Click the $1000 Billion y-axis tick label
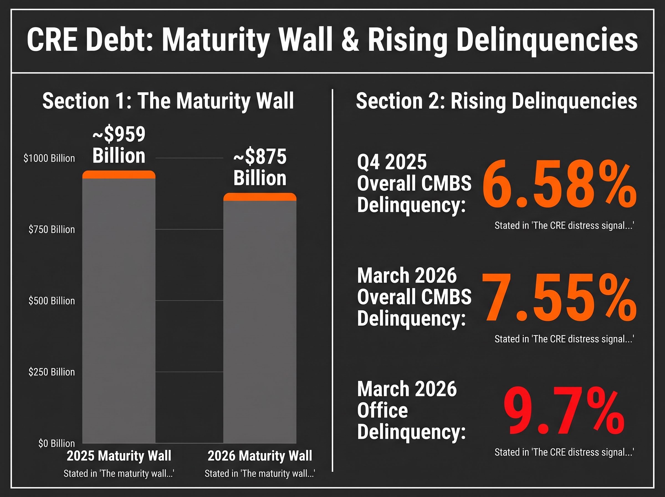[49, 158]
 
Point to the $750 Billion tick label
[52, 230]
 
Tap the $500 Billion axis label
[52, 301]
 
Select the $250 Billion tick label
[52, 372]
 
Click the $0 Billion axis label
[57, 443]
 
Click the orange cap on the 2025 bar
[119, 175]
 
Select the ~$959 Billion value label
[119, 145]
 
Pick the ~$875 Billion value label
[260, 167]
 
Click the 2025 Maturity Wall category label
[119, 456]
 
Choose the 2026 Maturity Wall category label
[260, 456]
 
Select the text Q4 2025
[392, 162]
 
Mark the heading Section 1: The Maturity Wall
[168, 101]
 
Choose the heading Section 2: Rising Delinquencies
[497, 101]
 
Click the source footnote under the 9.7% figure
[564, 452]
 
